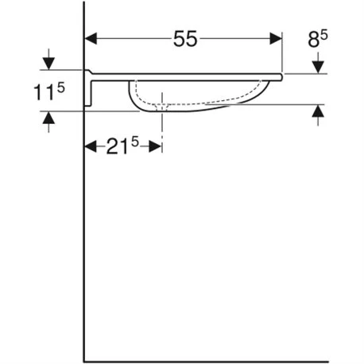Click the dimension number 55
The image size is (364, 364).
point(184,39)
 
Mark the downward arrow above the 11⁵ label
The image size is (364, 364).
point(50,63)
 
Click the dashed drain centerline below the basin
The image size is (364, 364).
point(163,127)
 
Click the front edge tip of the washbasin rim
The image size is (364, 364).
point(283,76)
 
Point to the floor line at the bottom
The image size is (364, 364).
point(223,359)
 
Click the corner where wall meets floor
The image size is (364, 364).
point(85,359)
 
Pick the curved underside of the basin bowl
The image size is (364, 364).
point(199,106)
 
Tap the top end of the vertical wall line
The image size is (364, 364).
point(85,3)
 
